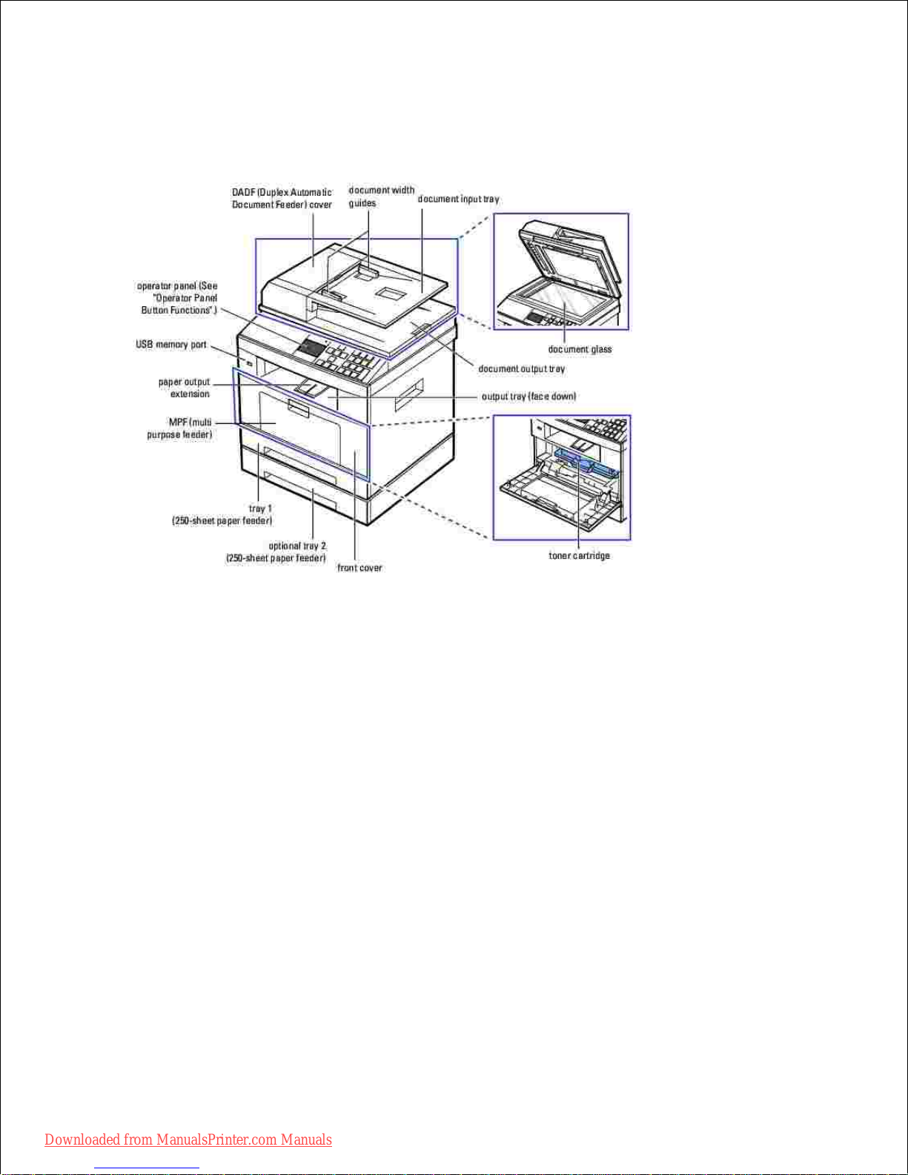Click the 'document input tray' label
(458, 199)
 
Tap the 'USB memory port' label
(171, 345)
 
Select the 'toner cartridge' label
(579, 555)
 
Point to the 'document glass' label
(580, 349)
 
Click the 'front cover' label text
(359, 568)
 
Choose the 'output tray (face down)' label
(528, 397)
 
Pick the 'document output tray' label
(522, 368)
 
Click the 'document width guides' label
(381, 196)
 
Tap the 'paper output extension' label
(184, 388)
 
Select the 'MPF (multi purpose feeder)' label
(179, 428)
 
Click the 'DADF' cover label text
(282, 199)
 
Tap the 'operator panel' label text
(177, 298)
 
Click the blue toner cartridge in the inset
(586, 463)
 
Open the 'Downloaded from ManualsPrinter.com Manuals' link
(188, 1139)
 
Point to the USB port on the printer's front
(249, 363)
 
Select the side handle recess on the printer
(408, 394)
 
